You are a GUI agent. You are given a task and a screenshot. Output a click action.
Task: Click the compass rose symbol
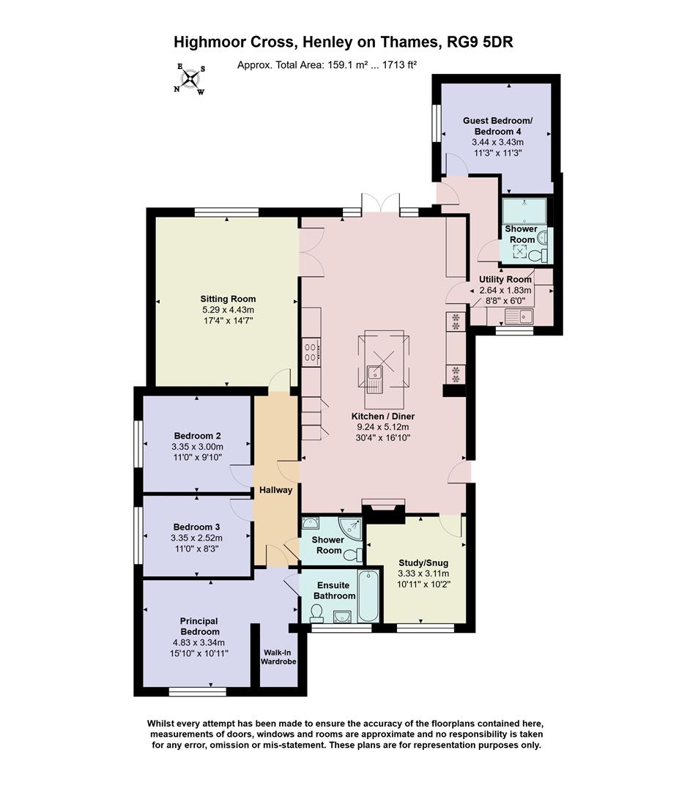pos(190,78)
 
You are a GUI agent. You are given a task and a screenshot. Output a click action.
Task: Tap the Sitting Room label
pos(228,299)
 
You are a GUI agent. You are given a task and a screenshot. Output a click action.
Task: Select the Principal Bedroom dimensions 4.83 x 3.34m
pos(200,642)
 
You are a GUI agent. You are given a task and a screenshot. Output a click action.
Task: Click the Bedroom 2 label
pos(197,437)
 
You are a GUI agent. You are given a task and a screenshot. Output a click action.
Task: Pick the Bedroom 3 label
pos(197,527)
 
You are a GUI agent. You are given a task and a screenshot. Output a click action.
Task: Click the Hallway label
pos(275,490)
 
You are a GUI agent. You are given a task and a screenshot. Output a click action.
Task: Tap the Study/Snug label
pos(423,563)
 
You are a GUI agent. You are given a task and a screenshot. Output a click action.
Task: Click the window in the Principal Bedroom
pos(197,690)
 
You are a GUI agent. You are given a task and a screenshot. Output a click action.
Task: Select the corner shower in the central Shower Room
pos(352,528)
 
